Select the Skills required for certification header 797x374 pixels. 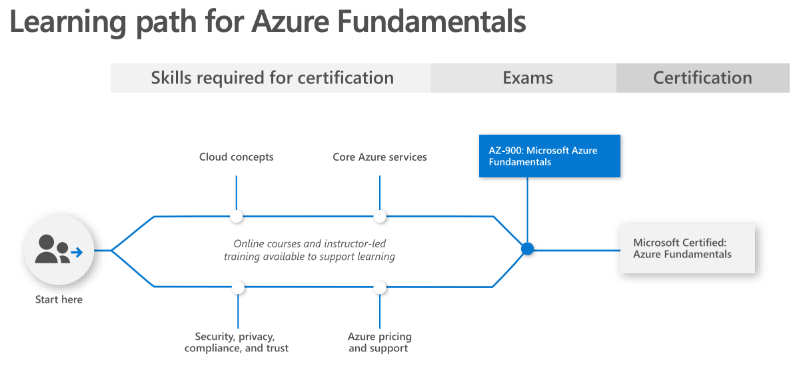pyautogui.click(x=271, y=78)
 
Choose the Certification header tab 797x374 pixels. pyautogui.click(x=702, y=78)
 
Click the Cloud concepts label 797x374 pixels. pyautogui.click(x=237, y=157)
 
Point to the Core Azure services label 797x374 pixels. pyautogui.click(x=380, y=157)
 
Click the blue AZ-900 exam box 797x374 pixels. pyautogui.click(x=550, y=156)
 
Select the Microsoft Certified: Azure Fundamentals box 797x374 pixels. pyautogui.click(x=687, y=248)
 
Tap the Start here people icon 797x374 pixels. pyautogui.click(x=59, y=251)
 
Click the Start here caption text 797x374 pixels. pyautogui.click(x=59, y=300)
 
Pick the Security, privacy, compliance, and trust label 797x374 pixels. pyautogui.click(x=237, y=343)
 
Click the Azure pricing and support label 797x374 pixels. pyautogui.click(x=380, y=343)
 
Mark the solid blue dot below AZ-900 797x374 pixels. pyautogui.click(x=528, y=249)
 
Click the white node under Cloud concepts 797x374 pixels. pyautogui.click(x=237, y=216)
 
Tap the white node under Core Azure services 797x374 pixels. pyautogui.click(x=380, y=216)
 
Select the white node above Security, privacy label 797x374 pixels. pyautogui.click(x=238, y=287)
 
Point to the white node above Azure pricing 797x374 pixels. pyautogui.click(x=380, y=287)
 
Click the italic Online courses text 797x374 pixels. pyautogui.click(x=310, y=250)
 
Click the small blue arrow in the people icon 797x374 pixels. pyautogui.click(x=77, y=252)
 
